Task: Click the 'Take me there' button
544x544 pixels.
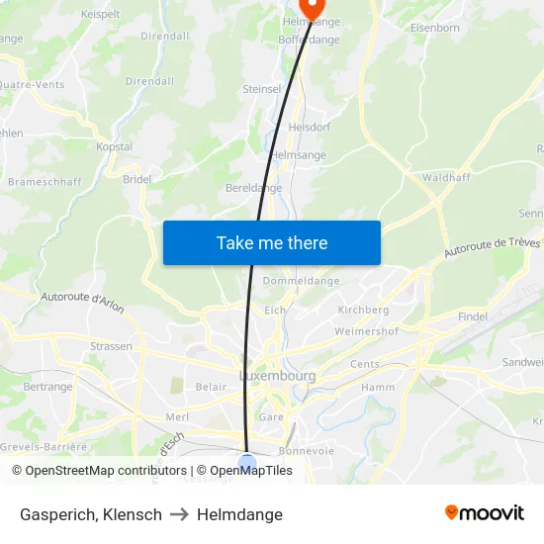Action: [272, 242]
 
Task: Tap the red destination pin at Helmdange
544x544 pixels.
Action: [312, 7]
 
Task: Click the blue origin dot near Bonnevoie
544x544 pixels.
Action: [247, 461]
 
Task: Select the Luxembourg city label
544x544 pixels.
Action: [277, 376]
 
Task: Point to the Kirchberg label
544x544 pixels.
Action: [363, 310]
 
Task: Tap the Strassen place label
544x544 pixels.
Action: [111, 346]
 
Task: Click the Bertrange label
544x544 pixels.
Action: [47, 387]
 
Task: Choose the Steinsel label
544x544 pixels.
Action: [262, 89]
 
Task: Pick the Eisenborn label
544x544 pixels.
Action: [435, 29]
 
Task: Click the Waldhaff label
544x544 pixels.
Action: [446, 177]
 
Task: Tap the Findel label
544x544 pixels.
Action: [473, 316]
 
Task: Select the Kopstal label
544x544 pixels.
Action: [114, 145]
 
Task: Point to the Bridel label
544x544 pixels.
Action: [136, 179]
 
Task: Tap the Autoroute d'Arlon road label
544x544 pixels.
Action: [83, 303]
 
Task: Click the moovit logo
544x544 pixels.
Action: [485, 512]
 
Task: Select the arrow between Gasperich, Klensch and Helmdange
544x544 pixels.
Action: [179, 514]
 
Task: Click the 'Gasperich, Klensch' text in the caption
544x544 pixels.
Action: [91, 514]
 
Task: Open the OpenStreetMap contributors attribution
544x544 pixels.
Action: [106, 471]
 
